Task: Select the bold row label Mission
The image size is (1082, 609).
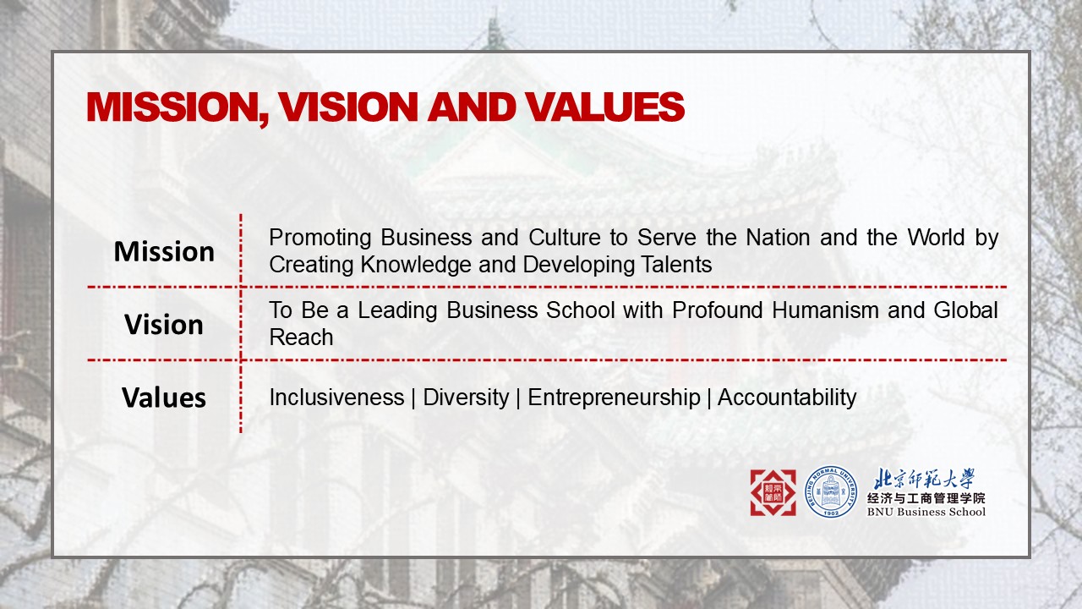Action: (164, 251)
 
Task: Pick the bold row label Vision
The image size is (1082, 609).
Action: (164, 325)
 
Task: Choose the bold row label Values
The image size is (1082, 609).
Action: (164, 398)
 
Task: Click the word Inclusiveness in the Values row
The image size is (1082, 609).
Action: (336, 397)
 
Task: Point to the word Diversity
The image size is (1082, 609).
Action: (466, 397)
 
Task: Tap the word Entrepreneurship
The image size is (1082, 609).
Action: (614, 397)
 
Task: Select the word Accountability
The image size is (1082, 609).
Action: (787, 397)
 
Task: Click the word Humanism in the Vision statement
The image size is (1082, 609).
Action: (826, 310)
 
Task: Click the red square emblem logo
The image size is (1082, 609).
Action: (773, 492)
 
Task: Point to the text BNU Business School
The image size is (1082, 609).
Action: (926, 512)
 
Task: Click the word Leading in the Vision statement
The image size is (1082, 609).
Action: (398, 310)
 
